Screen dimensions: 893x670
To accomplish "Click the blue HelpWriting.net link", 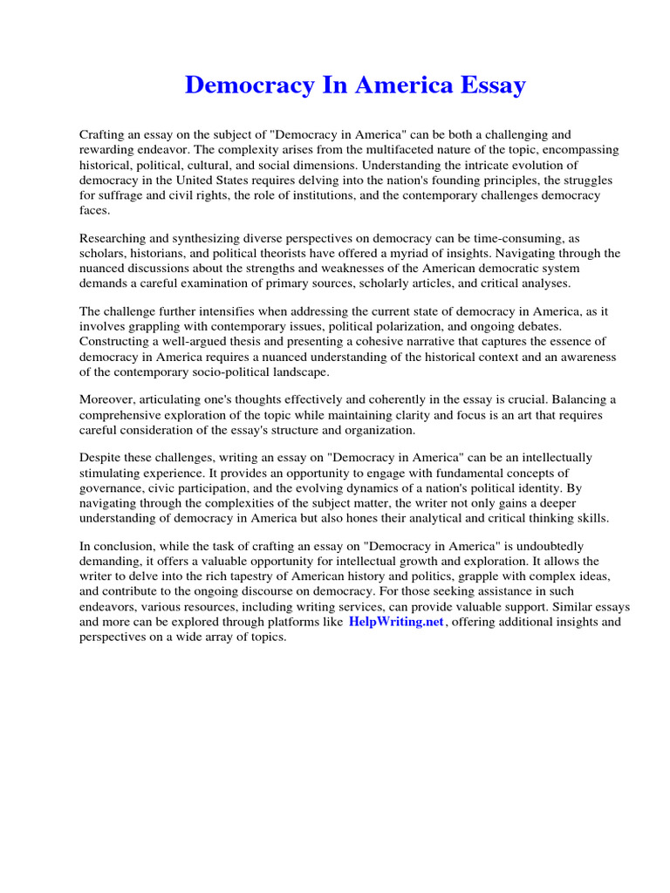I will coord(396,622).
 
